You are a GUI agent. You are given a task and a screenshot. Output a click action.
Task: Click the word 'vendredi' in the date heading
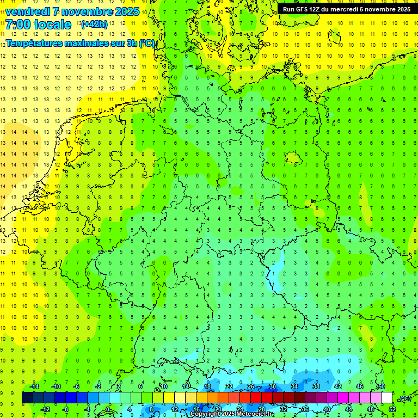coord(29,11)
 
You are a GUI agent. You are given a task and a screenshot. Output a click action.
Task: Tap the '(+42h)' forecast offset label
coord(94,24)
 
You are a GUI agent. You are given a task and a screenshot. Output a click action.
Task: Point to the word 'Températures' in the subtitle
coord(32,44)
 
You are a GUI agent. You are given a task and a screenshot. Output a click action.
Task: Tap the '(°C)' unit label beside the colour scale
coord(404,398)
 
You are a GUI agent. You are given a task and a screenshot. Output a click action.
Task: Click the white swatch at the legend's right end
coord(387,398)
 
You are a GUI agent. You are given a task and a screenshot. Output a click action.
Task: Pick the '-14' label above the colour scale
coord(34,386)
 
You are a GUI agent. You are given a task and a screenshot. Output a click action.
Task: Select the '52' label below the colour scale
coord(392,409)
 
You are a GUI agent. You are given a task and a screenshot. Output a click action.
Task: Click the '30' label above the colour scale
coord(273,386)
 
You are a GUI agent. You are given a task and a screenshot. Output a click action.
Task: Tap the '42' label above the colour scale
coord(338,386)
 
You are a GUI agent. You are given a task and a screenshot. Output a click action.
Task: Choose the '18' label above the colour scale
coord(207,386)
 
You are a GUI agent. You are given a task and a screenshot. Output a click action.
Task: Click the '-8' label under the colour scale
coord(66,409)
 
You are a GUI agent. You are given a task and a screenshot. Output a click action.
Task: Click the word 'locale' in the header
coord(52,24)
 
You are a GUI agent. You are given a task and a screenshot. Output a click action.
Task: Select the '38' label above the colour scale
coord(316,386)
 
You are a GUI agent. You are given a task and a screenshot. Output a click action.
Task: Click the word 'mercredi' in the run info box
coord(342,9)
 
